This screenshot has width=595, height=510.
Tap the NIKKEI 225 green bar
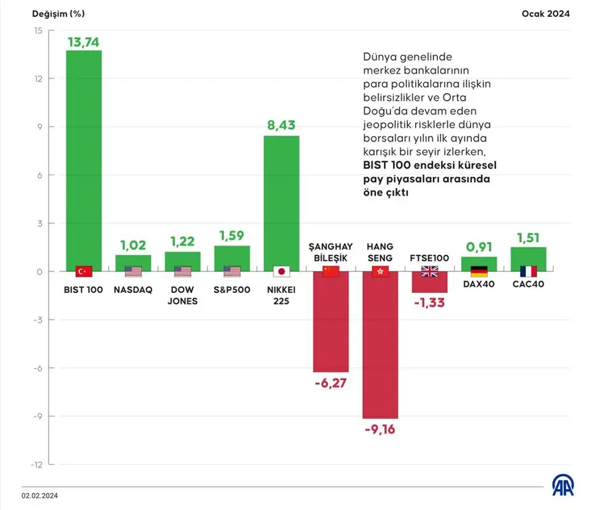(281, 203)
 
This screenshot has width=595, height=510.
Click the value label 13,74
(83, 42)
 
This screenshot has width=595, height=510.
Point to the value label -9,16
(380, 430)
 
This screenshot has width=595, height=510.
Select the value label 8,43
(281, 126)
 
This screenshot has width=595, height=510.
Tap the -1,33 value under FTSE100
(429, 302)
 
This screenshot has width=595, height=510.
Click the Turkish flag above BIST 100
(83, 272)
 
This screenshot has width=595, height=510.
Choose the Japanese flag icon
(281, 272)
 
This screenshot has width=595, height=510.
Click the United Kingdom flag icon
(429, 272)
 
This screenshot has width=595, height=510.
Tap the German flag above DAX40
(479, 272)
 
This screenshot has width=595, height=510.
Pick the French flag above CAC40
(528, 272)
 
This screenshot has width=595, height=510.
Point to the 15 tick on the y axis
(37, 30)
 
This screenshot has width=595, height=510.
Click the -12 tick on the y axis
(37, 465)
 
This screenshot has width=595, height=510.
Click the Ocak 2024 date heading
(545, 13)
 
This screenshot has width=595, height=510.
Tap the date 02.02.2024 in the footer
(41, 496)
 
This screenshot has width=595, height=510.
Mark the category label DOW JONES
(183, 295)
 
